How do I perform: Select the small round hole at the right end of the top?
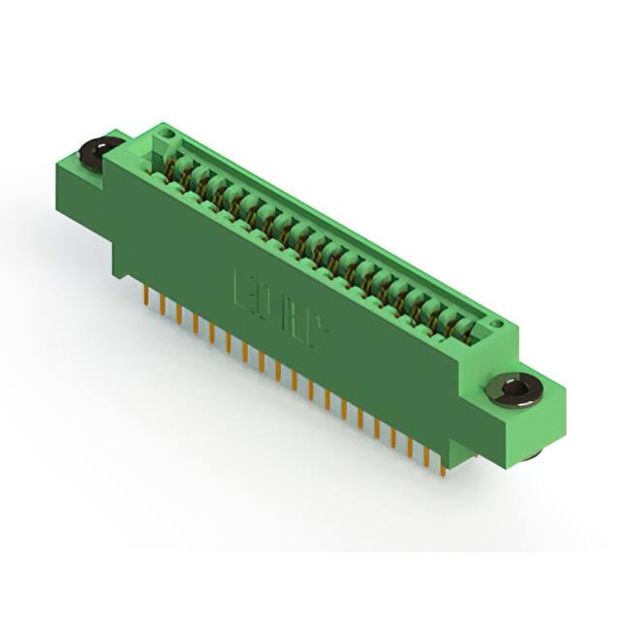pyautogui.click(x=497, y=327)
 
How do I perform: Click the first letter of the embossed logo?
pyautogui.click(x=242, y=287)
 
